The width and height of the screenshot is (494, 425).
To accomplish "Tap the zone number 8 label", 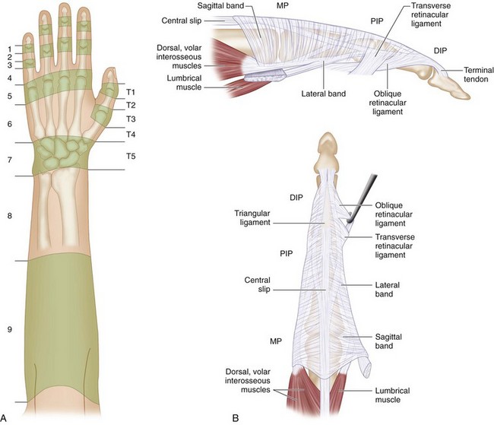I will [10, 216].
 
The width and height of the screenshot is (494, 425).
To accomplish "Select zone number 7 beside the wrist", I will [10, 160].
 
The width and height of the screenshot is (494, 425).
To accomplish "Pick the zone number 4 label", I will [10, 78].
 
